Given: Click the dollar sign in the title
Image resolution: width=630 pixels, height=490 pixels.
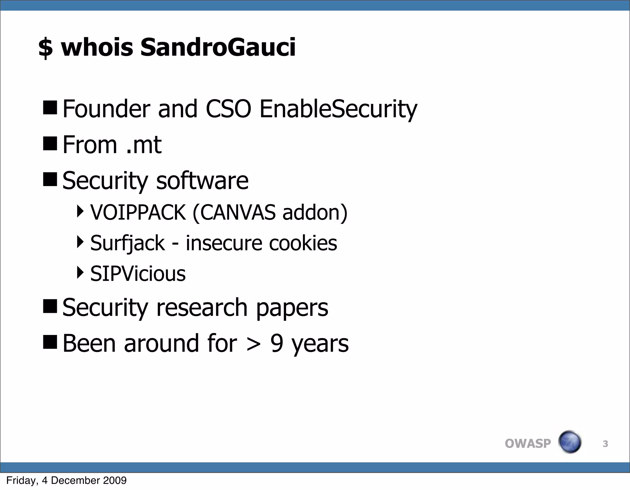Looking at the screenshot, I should click(46, 48).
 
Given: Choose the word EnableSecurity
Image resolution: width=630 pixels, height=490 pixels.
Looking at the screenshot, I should click(338, 110).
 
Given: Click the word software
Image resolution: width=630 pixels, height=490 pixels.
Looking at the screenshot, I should click(202, 181).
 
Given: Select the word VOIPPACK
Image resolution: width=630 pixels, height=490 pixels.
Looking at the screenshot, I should click(138, 212).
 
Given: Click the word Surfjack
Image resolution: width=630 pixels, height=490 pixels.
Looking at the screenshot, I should click(128, 243).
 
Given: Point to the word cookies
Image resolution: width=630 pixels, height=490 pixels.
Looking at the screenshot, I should click(303, 243).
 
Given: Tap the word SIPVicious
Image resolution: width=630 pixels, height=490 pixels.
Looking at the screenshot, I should click(138, 273).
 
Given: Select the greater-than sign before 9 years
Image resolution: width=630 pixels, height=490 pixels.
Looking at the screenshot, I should click(254, 344).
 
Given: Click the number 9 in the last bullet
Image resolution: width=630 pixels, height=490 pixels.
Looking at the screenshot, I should click(277, 343).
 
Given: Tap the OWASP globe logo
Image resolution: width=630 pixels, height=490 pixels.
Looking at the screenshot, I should click(569, 442).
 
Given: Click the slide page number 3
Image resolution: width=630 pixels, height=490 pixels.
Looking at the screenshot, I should click(605, 444).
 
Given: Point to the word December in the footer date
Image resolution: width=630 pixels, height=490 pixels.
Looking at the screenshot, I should click(75, 480).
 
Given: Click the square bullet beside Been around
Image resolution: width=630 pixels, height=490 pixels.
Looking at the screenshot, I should click(50, 342).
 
